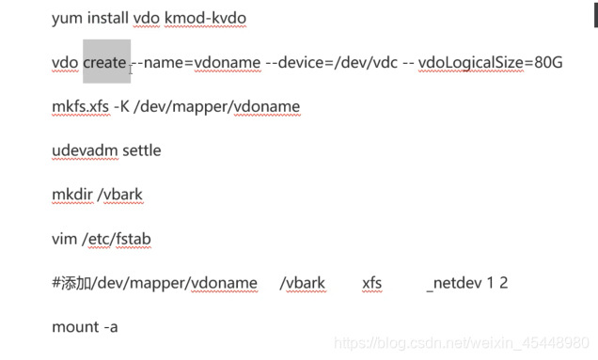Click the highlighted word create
[x=104, y=62]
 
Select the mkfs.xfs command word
[x=79, y=106]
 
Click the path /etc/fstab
[x=117, y=239]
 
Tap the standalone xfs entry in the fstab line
[x=371, y=283]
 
